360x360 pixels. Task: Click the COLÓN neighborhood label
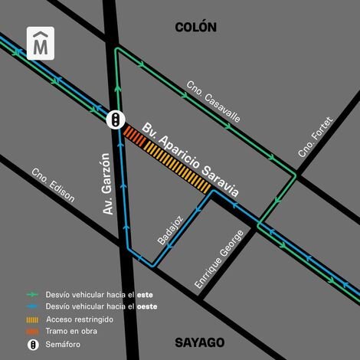click(195, 28)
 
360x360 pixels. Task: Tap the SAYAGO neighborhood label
click(198, 342)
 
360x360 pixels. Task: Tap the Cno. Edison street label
click(53, 185)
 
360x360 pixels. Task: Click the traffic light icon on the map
click(115, 119)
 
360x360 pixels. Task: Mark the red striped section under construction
click(133, 135)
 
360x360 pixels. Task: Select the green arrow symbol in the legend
click(33, 294)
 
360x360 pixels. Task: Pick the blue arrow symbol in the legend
click(33, 306)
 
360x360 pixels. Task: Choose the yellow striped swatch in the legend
click(33, 319)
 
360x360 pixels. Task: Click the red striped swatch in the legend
click(33, 331)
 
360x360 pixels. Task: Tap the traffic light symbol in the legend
click(33, 345)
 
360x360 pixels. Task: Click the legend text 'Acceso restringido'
click(78, 319)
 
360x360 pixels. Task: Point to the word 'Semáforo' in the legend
click(63, 345)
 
